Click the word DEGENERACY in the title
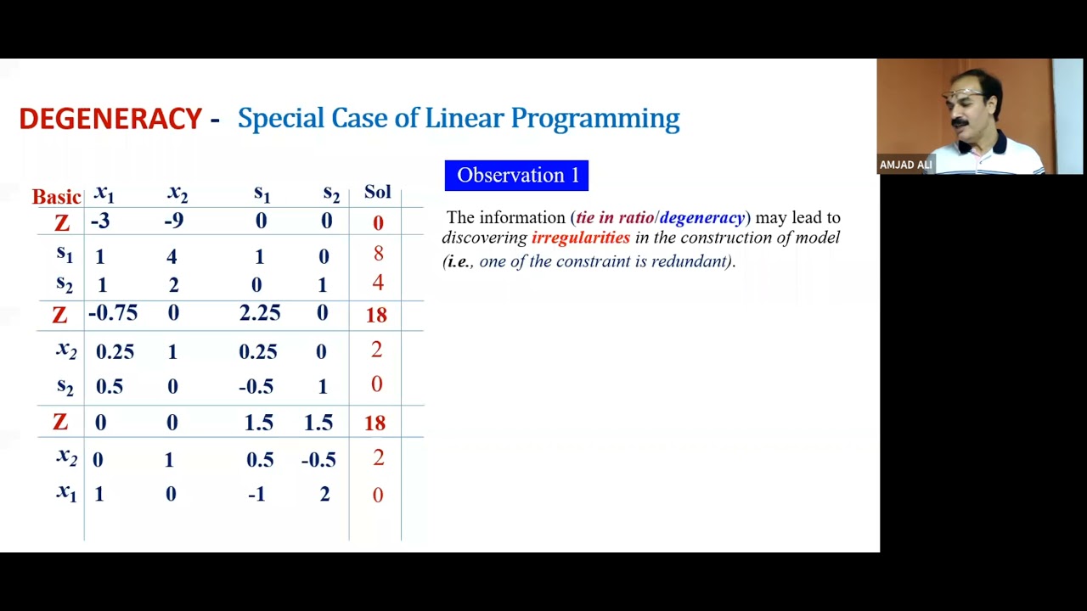(x=110, y=119)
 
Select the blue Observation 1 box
(x=516, y=176)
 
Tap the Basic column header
(x=56, y=197)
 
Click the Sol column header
(x=377, y=192)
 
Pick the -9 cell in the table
(x=172, y=221)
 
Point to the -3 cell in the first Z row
(x=100, y=221)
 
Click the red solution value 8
(x=378, y=254)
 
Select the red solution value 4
(x=378, y=283)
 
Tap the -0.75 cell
(x=112, y=313)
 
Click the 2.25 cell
(x=259, y=313)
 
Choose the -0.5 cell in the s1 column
(x=256, y=387)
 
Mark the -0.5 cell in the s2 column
(x=318, y=460)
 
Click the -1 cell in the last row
(x=256, y=495)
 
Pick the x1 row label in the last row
(x=66, y=493)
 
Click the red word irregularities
(x=581, y=238)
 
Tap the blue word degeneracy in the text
(x=701, y=218)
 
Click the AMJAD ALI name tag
(x=905, y=165)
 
